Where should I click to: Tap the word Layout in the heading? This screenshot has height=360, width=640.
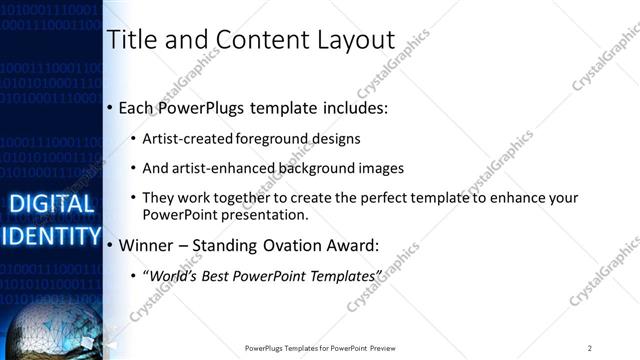tap(351, 40)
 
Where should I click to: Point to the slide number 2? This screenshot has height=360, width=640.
tap(590, 347)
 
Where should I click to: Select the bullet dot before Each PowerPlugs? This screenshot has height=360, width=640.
tap(110, 107)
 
